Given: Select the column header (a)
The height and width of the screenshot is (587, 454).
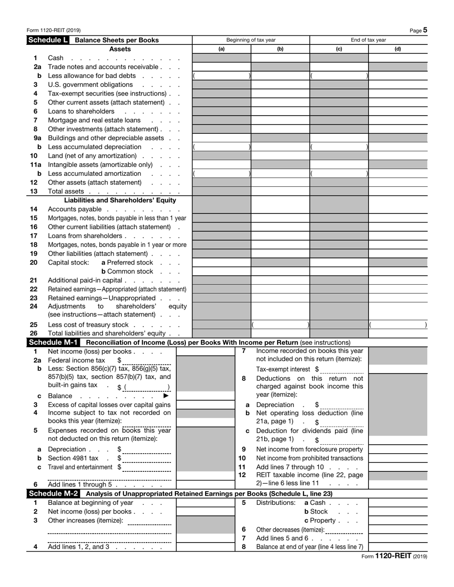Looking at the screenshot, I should click(221, 49).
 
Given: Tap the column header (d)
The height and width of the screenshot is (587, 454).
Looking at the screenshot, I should click(398, 49).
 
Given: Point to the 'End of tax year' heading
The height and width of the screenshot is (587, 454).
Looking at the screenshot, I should click(368, 40).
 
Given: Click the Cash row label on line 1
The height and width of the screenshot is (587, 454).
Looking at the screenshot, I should click(55, 58).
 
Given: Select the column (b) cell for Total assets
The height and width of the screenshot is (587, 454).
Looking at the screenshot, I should click(280, 191).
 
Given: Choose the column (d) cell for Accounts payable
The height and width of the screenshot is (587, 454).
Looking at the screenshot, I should click(398, 209).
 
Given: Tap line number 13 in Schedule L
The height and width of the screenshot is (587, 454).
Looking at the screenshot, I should click(34, 191).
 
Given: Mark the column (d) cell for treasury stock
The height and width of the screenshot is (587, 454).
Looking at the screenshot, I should click(398, 324).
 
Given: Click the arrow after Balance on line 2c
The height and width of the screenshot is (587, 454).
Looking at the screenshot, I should click(166, 396).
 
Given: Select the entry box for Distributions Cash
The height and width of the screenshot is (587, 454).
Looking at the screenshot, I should click(398, 502).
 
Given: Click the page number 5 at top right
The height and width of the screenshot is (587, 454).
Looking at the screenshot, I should click(425, 30).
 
